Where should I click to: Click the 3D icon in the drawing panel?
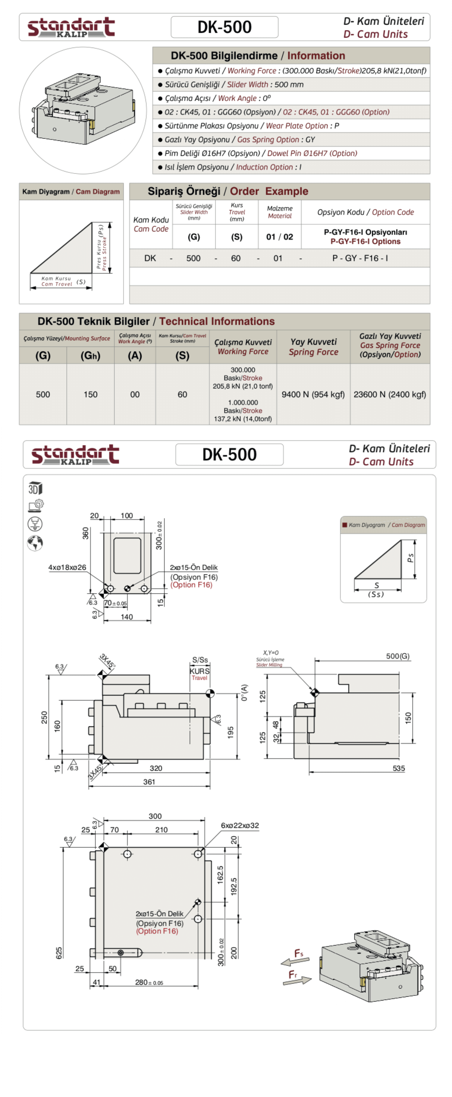35,488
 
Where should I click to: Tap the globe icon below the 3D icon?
35,542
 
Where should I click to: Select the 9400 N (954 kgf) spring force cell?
313,394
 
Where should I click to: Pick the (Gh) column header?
90,356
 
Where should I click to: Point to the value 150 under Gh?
90,394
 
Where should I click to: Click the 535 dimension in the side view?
398,768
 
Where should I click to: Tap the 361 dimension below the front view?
149,782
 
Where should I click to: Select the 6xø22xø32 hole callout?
240,825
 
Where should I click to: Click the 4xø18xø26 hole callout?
67,567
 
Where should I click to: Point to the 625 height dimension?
59,953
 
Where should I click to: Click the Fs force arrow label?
299,953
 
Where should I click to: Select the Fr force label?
293,974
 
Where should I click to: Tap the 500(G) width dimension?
397,656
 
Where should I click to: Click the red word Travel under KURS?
199,678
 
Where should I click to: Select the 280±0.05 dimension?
149,982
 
